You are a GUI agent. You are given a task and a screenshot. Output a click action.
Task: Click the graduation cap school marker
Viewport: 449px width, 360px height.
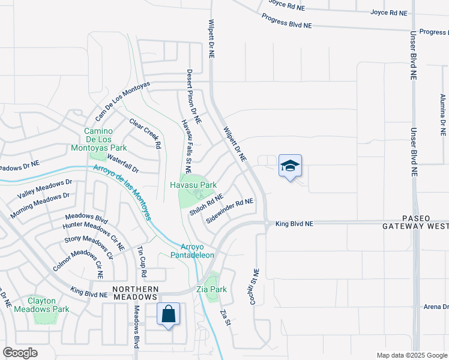[290, 166]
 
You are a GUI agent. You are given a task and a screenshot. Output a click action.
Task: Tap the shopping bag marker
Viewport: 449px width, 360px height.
[169, 314]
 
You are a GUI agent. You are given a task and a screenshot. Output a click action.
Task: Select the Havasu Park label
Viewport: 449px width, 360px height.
[193, 185]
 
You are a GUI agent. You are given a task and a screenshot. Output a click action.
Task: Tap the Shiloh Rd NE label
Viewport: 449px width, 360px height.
[206, 205]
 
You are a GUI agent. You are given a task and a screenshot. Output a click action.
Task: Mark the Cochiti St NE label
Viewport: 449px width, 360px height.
[254, 285]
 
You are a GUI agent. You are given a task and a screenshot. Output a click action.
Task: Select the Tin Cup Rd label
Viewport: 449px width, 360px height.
[142, 261]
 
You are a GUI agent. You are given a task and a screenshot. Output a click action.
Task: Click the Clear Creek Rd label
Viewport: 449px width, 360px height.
[145, 133]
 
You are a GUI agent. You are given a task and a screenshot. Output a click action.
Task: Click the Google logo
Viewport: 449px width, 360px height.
[20, 353]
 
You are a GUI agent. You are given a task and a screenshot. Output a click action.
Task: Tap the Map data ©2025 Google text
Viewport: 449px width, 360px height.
[412, 355]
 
